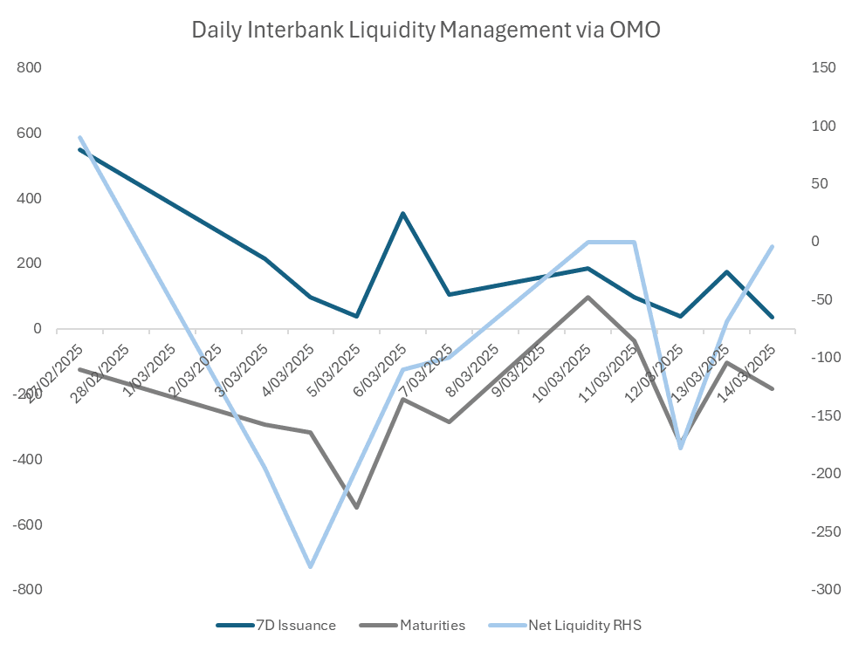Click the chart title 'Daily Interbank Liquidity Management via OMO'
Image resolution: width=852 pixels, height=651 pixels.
(426, 30)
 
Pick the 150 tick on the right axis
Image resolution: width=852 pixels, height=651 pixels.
(823, 68)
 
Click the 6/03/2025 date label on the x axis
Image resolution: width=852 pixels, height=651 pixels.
(380, 372)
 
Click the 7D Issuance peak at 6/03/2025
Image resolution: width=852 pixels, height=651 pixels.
(402, 213)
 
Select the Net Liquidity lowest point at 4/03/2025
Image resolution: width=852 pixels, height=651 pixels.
(310, 566)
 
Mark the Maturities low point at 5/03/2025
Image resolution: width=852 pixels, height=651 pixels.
(356, 507)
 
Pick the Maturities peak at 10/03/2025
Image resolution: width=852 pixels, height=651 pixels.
(587, 297)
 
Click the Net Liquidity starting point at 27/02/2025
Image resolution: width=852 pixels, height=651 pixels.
(79, 137)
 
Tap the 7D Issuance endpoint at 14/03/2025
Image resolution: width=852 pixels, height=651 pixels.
(773, 318)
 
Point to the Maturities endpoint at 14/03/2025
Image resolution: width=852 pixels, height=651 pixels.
(773, 388)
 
